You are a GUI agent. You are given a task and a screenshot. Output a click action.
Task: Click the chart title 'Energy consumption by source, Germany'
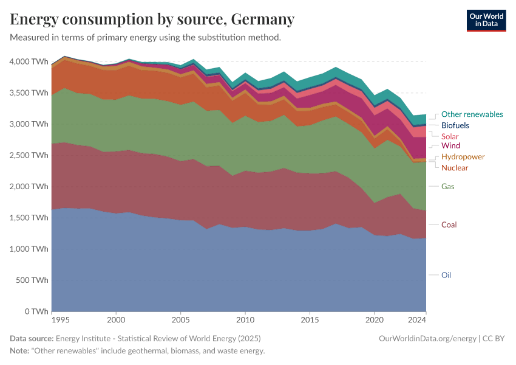pyautogui.click(x=152, y=19)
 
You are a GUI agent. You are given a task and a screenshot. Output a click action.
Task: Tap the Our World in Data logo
pyautogui.click(x=486, y=20)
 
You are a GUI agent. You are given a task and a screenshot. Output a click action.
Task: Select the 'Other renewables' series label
pyautogui.click(x=472, y=114)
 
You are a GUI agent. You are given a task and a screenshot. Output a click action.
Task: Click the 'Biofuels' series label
pyautogui.click(x=455, y=125)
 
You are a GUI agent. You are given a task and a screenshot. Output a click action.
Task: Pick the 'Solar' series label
pyautogui.click(x=450, y=136)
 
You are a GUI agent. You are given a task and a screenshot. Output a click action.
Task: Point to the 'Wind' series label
pyautogui.click(x=450, y=146)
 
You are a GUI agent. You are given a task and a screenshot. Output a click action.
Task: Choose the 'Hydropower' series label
pyautogui.click(x=463, y=157)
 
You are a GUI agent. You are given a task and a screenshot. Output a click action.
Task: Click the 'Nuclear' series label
pyautogui.click(x=455, y=168)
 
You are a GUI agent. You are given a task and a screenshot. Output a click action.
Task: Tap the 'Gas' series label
pyautogui.click(x=448, y=186)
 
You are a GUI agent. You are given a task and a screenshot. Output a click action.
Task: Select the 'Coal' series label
pyautogui.click(x=449, y=224)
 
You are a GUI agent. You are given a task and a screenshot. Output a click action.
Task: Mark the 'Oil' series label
pyautogui.click(x=446, y=275)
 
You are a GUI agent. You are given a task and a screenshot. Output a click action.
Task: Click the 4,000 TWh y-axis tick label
pyautogui.click(x=28, y=61)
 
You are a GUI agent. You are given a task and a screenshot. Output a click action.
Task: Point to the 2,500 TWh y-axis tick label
pyautogui.click(x=28, y=155)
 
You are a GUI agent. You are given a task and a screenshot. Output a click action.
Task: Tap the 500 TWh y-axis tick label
pyautogui.click(x=32, y=280)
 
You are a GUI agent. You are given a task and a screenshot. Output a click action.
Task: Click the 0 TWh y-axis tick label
pyautogui.click(x=36, y=311)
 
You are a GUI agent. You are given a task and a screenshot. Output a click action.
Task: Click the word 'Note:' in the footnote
pyautogui.click(x=21, y=351)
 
